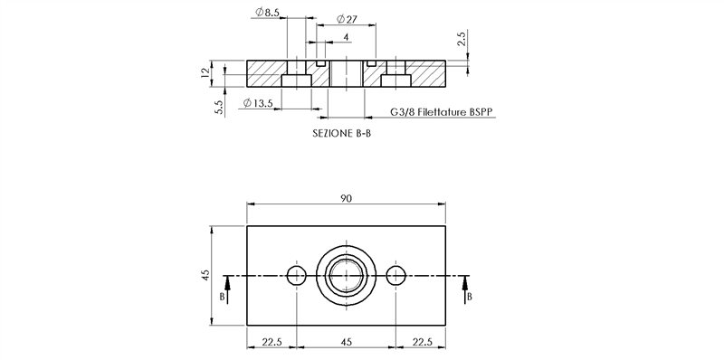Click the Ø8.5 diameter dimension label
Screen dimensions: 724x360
pyautogui.click(x=267, y=12)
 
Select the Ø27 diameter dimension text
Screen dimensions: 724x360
pyautogui.click(x=348, y=19)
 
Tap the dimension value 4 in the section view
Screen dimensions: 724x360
pyautogui.click(x=346, y=37)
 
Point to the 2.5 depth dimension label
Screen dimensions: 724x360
pyautogui.click(x=462, y=38)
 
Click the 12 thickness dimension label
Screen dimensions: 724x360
pyautogui.click(x=205, y=72)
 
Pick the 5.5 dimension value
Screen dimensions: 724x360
pyautogui.click(x=219, y=108)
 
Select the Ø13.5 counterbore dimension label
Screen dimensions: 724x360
pyautogui.click(x=258, y=103)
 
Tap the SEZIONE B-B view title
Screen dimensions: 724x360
pyautogui.click(x=341, y=134)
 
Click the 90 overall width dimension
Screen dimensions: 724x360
pyautogui.click(x=346, y=198)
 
